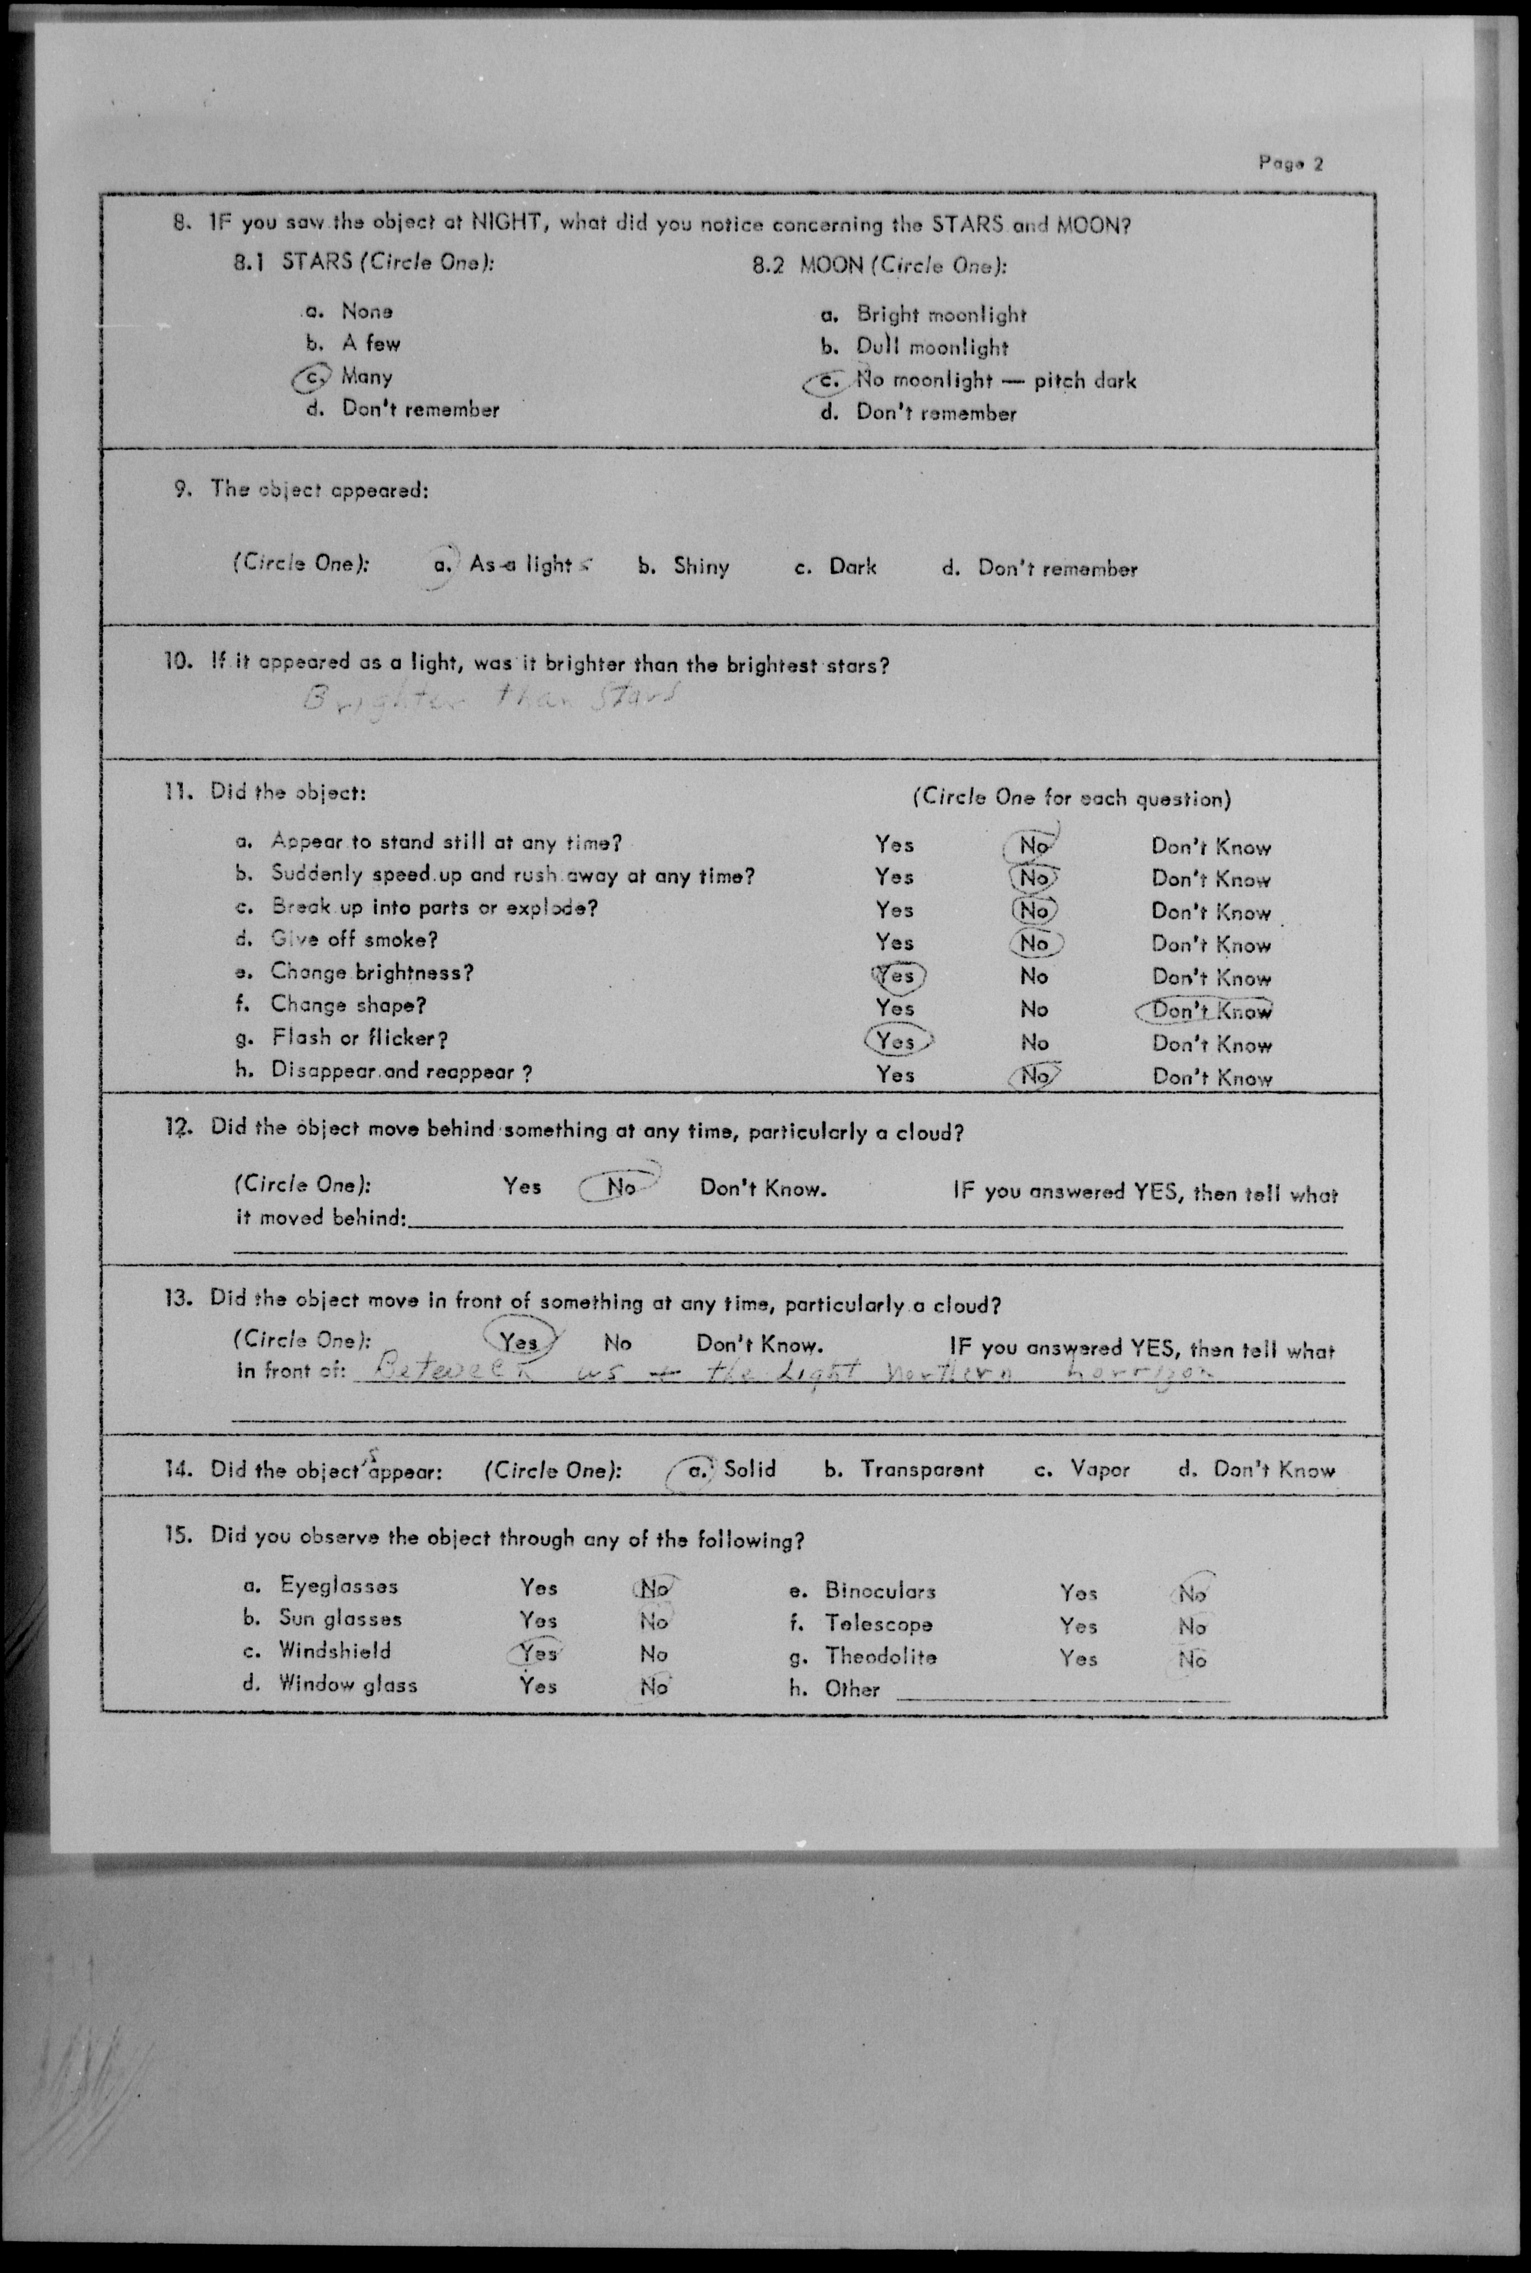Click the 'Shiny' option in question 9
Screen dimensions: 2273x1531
[700, 566]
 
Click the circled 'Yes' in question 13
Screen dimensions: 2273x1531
[519, 1342]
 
